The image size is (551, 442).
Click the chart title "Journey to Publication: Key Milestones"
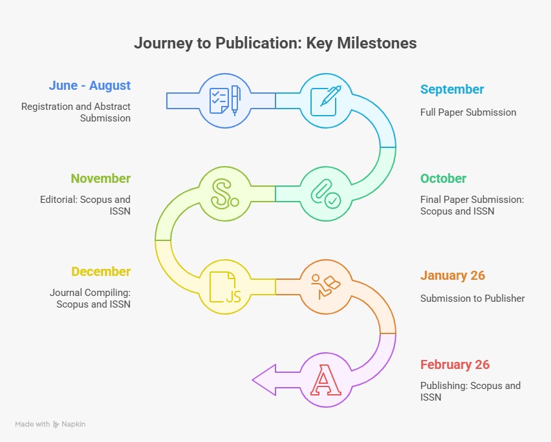tap(275, 43)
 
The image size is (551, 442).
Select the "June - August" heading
tap(90, 85)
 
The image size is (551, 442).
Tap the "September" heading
tap(452, 89)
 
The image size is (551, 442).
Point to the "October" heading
tap(443, 178)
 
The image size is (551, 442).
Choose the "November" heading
tap(100, 178)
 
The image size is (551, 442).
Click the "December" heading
tap(101, 271)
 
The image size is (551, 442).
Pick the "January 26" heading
tap(453, 275)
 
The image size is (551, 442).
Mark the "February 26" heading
tap(455, 364)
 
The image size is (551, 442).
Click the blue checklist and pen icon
tap(225, 101)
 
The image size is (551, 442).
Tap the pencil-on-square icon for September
tap(326, 101)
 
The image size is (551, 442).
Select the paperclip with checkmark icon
tap(326, 194)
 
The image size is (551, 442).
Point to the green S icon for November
tap(225, 194)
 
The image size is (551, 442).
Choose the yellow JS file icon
tap(225, 287)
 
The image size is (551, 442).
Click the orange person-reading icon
tap(326, 287)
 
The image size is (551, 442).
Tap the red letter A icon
tap(326, 380)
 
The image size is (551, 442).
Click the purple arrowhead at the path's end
tap(265, 380)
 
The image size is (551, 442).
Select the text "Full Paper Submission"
tap(468, 112)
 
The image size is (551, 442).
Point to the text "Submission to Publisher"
tap(472, 299)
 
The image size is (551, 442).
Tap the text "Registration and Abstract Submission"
tap(76, 112)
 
